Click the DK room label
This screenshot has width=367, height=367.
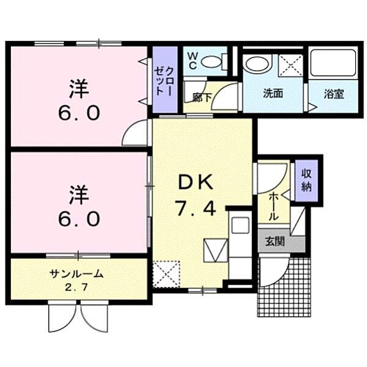point(195,182)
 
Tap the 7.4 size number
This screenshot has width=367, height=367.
point(195,210)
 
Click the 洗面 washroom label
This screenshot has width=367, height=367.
point(273,94)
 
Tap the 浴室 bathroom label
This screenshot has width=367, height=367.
point(333,94)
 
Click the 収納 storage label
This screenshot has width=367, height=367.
point(306,180)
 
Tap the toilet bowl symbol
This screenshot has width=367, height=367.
point(212,61)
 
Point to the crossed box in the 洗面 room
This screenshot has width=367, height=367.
point(290,65)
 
